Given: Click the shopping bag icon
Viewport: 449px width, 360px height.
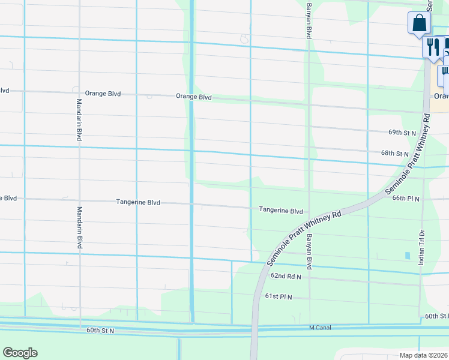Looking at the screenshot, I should (x=420, y=24).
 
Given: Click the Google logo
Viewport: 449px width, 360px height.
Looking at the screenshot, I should (x=20, y=353).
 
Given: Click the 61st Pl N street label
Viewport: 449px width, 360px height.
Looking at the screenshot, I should (x=279, y=296).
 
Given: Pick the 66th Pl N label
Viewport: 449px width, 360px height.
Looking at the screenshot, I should (x=406, y=197).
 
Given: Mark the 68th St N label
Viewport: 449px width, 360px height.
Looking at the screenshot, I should (x=394, y=154).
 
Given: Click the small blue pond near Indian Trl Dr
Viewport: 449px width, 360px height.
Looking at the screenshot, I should (x=408, y=256).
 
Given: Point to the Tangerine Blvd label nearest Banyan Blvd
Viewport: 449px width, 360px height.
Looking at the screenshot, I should (x=281, y=211).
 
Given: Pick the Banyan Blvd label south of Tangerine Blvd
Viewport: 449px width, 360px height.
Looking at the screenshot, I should (x=309, y=251).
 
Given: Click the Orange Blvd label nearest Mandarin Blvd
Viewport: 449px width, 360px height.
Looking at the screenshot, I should (x=103, y=94).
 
